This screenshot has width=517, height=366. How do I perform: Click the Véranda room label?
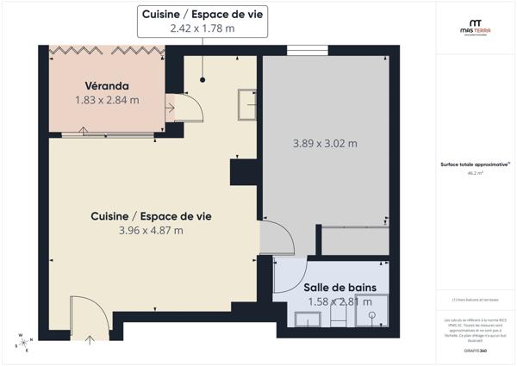[107, 86]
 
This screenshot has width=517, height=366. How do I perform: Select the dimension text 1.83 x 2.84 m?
[107, 100]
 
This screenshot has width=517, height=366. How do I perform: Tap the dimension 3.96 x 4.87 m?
[151, 230]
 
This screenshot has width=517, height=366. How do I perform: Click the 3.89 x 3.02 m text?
[325, 144]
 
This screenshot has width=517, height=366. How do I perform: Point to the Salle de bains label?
[339, 287]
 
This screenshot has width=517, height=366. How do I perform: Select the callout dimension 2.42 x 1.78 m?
[202, 28]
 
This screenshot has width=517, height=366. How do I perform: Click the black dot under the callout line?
[202, 79]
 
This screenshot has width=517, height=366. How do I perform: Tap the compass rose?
[23, 342]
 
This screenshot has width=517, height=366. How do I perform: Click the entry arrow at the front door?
[90, 338]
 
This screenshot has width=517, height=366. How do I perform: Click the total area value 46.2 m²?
[475, 173]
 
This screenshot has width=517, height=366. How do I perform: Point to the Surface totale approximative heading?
[475, 164]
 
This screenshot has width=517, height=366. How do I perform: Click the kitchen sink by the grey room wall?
[248, 103]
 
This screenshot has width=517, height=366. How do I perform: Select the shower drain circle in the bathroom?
[372, 317]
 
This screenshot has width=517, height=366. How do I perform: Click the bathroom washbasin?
[307, 319]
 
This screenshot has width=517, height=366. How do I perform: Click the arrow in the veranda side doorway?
[170, 108]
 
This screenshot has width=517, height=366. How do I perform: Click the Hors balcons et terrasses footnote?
[475, 300]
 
